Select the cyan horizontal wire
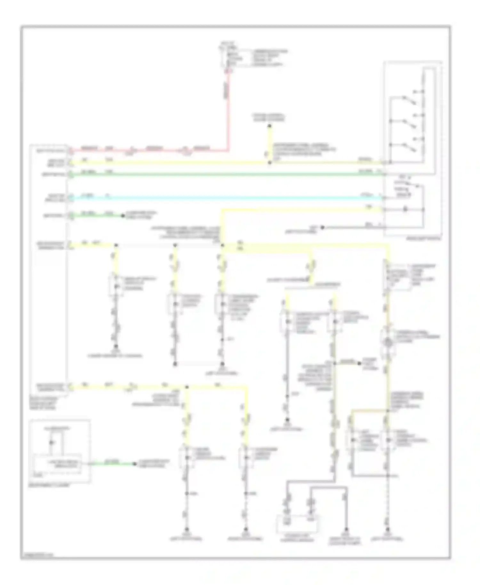pos(224,198)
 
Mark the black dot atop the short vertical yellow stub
pos(269,126)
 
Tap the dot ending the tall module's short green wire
pos(123,216)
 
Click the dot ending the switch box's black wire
pos(322,227)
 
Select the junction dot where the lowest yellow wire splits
pos(187,387)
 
